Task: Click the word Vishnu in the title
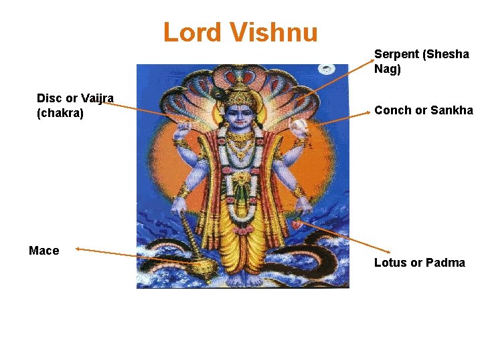[274, 32]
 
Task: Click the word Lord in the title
[193, 32]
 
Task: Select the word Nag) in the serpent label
[388, 69]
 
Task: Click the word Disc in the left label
[49, 98]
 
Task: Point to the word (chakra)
[60, 113]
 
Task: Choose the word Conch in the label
[392, 110]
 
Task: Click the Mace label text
[44, 251]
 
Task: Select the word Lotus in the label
[390, 263]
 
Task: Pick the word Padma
[445, 263]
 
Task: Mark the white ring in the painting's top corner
[327, 69]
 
